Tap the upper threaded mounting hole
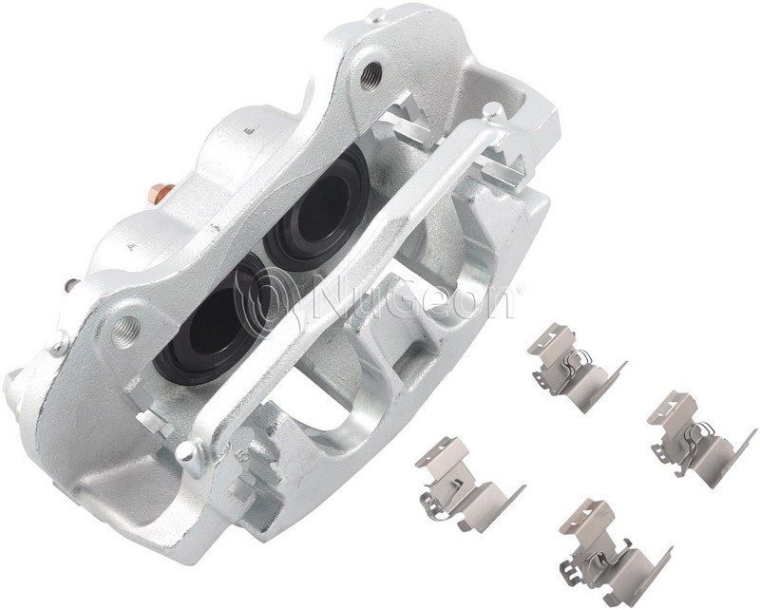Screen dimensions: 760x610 click(371, 76)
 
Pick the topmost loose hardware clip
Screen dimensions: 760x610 click(576, 363)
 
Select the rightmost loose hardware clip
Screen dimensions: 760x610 click(701, 433)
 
